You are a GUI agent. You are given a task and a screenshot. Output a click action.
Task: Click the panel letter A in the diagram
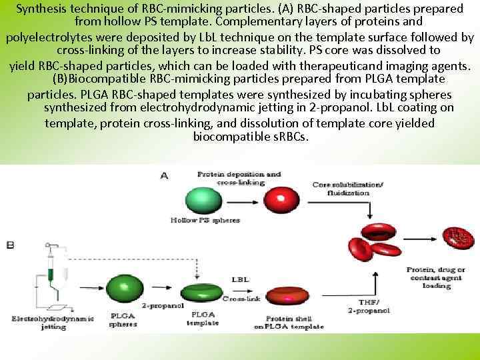pos(165,175)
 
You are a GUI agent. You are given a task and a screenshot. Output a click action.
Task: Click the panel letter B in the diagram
pos(10,245)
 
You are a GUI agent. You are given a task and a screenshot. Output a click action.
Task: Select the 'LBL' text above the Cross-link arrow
pos(241,279)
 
